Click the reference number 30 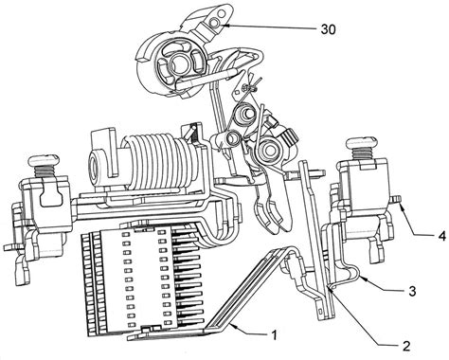(x=329, y=29)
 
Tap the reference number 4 (x=442, y=236)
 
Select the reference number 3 (x=412, y=291)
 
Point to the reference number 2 (x=406, y=346)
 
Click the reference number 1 (x=274, y=334)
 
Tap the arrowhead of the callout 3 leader (x=361, y=277)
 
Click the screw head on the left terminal (x=44, y=160)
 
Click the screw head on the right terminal (x=361, y=142)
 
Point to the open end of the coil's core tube (x=94, y=165)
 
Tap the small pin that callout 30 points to (x=214, y=22)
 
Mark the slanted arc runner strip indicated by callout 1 (x=246, y=292)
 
